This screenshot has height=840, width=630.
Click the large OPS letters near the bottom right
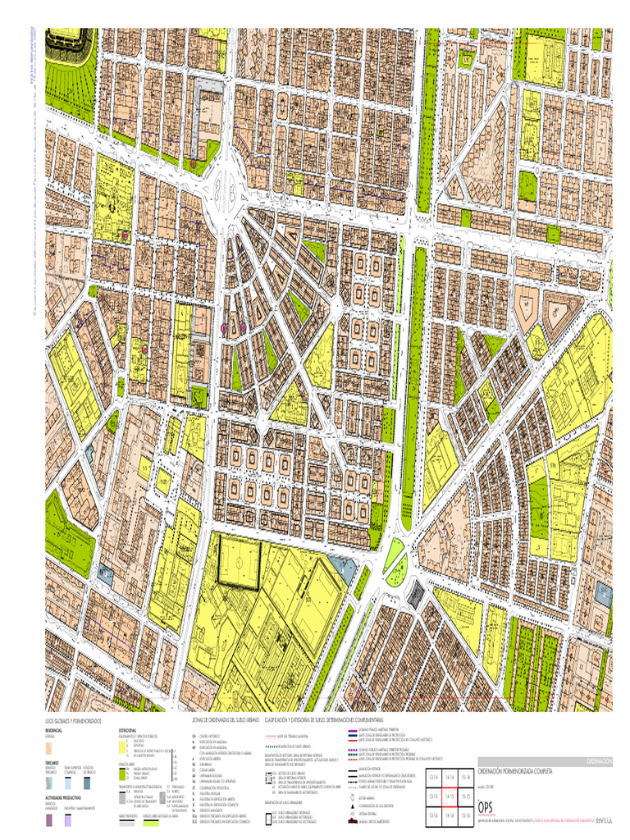point(488,806)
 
